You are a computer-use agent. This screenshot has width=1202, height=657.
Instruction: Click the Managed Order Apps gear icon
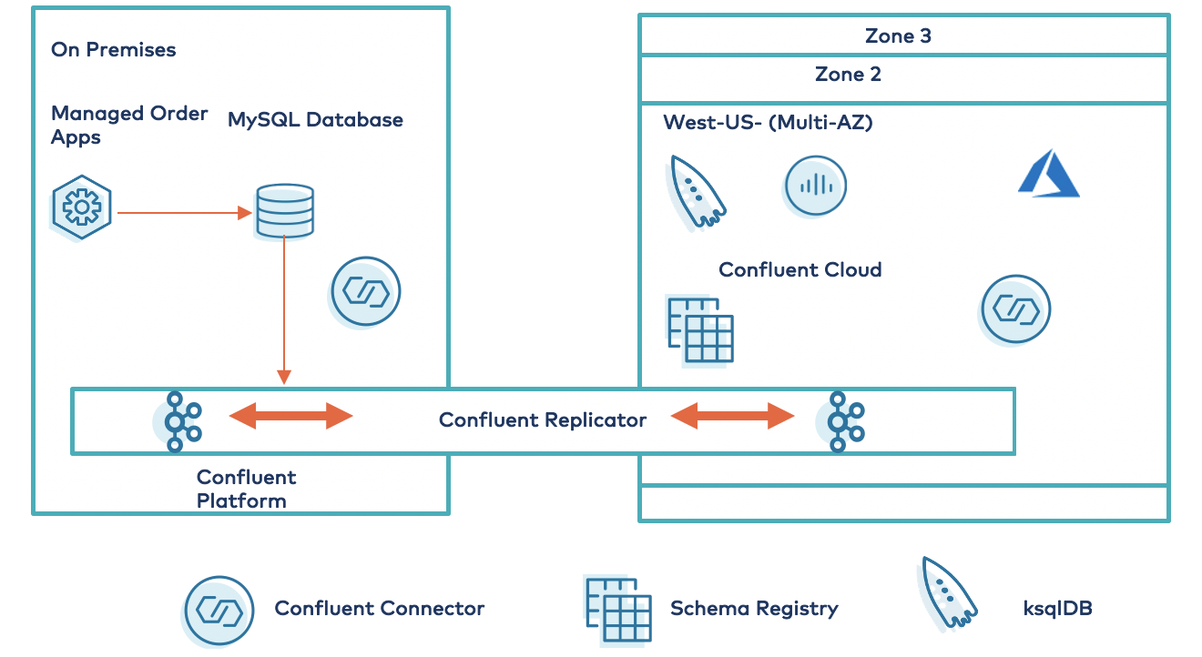tap(82, 207)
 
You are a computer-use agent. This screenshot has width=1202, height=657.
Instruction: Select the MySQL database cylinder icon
tap(284, 212)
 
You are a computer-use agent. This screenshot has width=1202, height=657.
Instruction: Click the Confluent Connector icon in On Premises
tap(365, 292)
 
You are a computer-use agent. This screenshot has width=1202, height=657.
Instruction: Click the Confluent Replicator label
tap(543, 420)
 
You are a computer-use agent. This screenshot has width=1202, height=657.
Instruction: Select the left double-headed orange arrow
tap(290, 417)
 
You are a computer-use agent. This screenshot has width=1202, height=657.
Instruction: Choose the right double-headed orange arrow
tap(733, 417)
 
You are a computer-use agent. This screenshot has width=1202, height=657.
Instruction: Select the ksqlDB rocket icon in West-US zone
tap(697, 191)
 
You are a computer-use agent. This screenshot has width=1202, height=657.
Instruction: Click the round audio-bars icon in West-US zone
tap(815, 187)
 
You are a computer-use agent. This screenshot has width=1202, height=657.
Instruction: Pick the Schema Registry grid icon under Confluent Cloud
tap(700, 328)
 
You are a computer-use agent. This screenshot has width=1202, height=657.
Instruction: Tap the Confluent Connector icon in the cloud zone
tap(1015, 309)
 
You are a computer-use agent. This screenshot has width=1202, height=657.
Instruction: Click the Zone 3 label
tap(898, 36)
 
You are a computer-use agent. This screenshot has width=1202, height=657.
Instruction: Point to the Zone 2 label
tap(848, 75)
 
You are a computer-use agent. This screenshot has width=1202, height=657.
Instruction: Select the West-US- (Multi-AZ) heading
tap(768, 122)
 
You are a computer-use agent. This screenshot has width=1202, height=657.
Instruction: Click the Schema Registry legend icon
tap(618, 609)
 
